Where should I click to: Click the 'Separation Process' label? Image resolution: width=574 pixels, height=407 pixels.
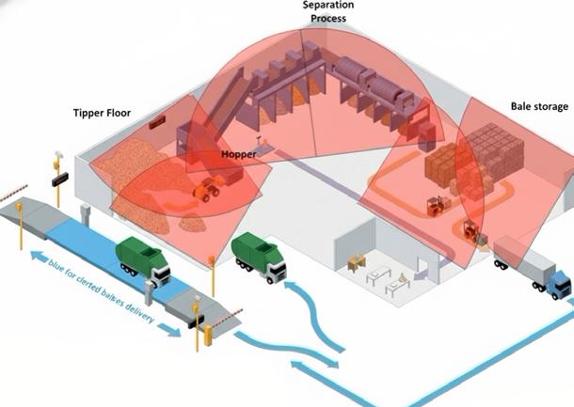pos(328,11)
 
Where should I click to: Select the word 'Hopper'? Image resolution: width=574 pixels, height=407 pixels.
pos(238,152)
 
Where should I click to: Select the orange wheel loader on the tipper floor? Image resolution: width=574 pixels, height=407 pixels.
pos(207,191)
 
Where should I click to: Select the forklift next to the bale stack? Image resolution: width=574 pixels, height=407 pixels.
pos(435,205)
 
